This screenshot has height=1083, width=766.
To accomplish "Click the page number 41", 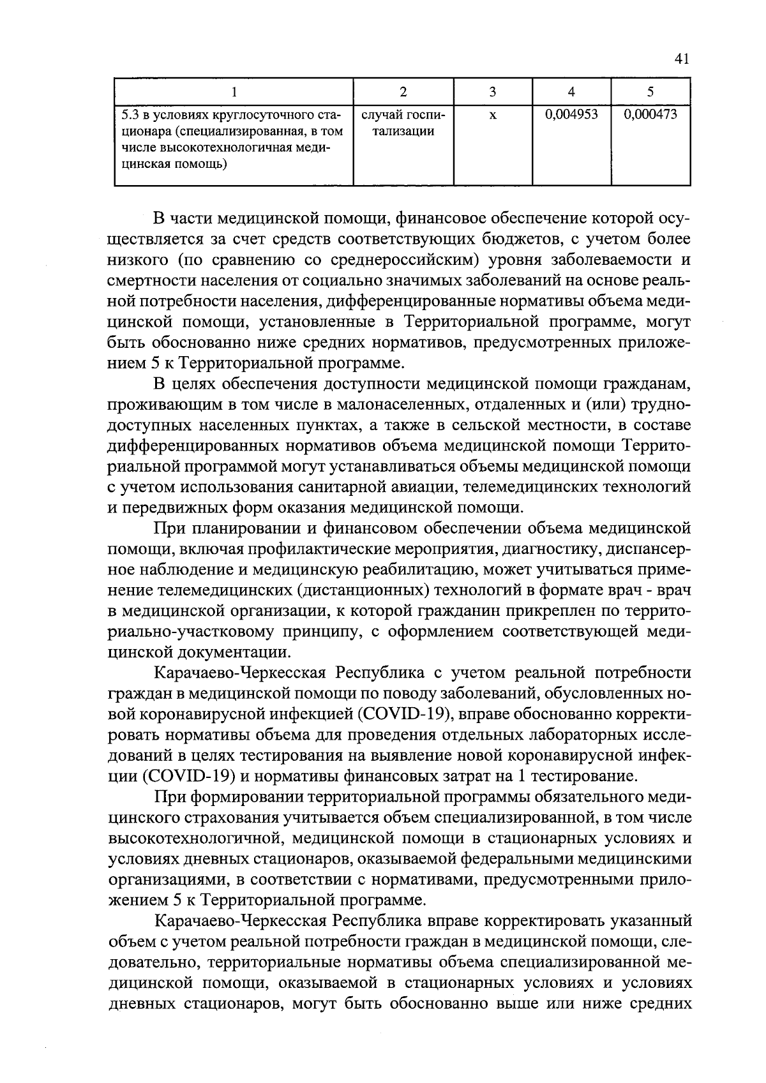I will click(681, 60).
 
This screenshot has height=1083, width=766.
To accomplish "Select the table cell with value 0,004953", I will click(571, 115).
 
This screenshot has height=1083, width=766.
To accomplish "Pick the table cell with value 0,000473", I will click(650, 115).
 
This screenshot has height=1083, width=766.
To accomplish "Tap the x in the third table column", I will click(493, 116).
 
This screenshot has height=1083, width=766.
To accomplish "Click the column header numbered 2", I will click(403, 91).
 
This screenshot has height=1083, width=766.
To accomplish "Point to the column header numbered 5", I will click(650, 91).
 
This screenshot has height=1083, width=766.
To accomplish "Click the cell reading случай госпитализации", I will click(403, 123).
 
